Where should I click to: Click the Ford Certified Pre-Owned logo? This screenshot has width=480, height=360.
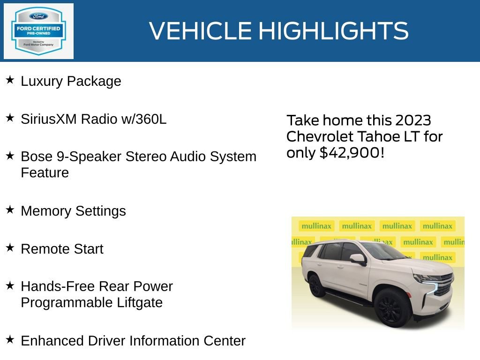38,31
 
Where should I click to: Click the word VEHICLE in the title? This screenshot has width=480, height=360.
201,31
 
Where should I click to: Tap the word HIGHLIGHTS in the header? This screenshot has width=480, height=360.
333,31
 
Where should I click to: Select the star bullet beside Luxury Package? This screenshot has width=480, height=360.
10,80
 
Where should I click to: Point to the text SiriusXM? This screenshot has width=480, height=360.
49,119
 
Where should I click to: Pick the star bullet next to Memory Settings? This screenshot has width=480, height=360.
10,210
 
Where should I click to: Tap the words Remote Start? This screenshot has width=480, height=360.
62,249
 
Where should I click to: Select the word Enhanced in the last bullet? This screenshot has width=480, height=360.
49,341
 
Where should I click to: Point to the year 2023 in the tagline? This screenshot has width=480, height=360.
412,120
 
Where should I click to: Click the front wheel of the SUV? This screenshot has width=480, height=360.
390,308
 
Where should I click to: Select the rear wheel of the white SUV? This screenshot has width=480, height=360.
316,285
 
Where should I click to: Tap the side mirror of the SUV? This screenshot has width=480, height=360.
358,259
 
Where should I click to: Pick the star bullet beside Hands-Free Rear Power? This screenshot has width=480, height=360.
10,285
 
